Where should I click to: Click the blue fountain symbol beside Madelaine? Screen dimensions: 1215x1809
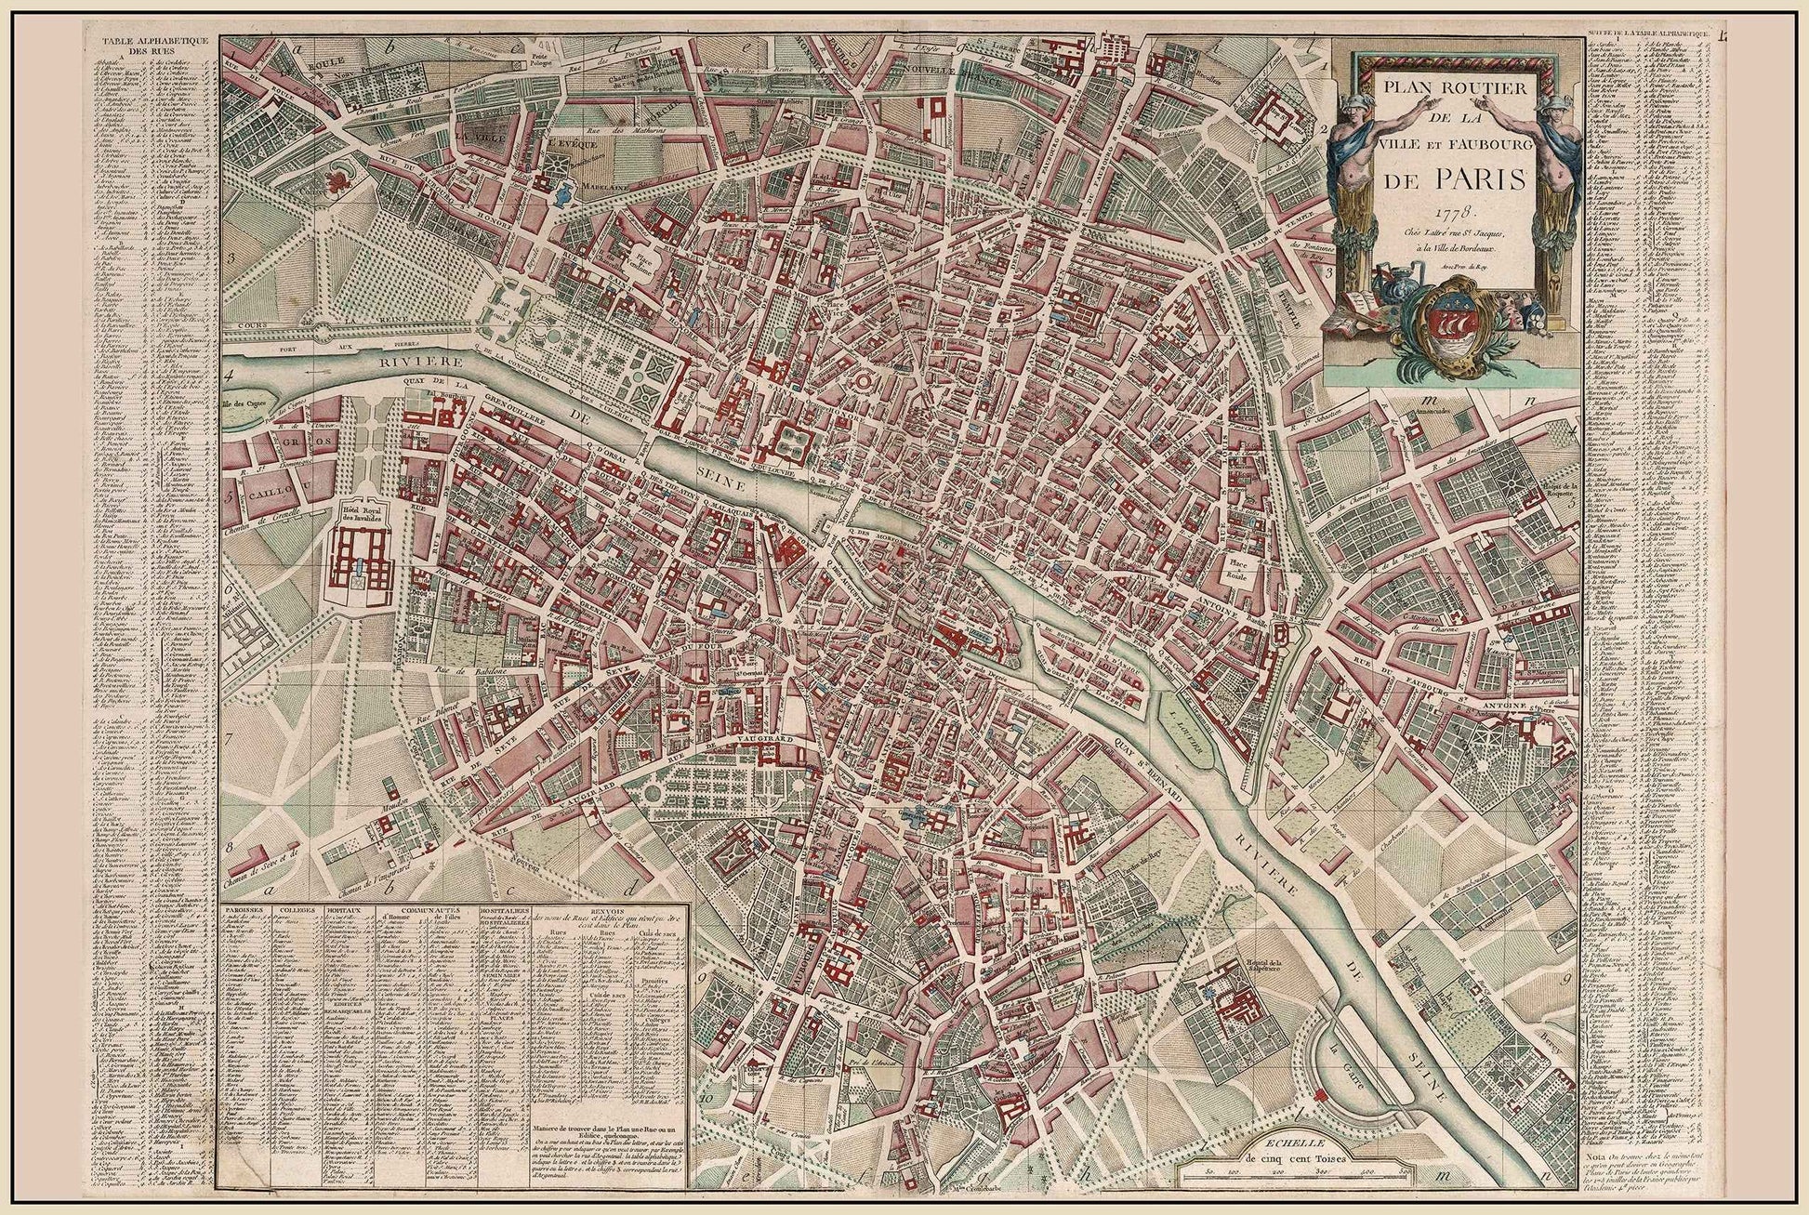561,195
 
